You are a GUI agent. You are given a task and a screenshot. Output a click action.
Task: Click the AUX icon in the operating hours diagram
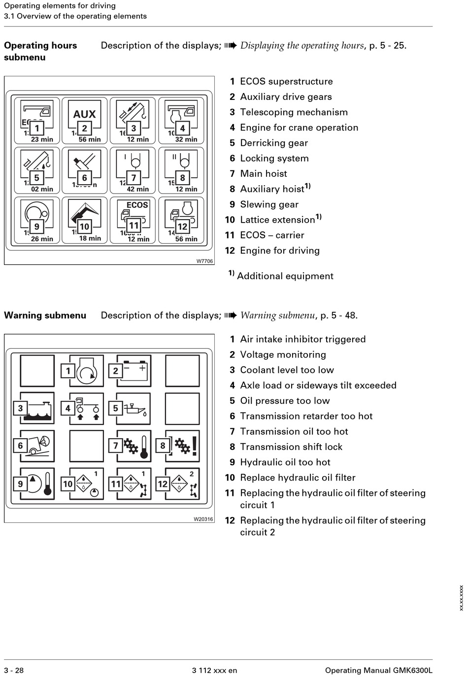tap(84, 114)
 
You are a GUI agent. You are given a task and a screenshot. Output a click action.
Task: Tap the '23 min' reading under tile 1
tap(42, 139)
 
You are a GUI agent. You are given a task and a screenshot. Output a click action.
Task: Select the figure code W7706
tap(204, 261)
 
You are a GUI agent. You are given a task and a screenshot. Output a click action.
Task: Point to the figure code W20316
tap(203, 519)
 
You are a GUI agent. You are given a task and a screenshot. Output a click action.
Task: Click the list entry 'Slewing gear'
tap(269, 204)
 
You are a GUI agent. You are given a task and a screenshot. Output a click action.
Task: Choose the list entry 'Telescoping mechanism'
tap(294, 112)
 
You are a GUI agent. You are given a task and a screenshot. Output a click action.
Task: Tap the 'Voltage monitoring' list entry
tap(283, 355)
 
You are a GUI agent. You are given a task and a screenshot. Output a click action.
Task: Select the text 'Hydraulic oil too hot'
tap(285, 462)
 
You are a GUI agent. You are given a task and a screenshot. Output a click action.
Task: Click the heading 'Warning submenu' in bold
tap(45, 316)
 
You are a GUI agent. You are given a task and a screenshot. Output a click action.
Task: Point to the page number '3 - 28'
tap(14, 670)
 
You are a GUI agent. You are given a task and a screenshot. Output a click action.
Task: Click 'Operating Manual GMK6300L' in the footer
tap(378, 670)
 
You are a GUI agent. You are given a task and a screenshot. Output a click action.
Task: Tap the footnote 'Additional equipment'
tap(285, 276)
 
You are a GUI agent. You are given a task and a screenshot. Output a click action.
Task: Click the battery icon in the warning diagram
tap(135, 370)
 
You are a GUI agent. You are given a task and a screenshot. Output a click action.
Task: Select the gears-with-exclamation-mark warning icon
tap(187, 446)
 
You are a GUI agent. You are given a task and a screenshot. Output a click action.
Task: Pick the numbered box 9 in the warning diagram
tap(20, 484)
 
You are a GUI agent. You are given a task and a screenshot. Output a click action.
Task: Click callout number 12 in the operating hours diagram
tap(182, 226)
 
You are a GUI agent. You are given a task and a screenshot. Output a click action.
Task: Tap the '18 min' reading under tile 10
tap(90, 238)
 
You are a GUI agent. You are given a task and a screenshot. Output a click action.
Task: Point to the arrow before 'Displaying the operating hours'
tap(231, 46)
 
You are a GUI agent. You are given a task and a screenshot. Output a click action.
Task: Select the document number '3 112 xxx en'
tap(214, 670)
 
